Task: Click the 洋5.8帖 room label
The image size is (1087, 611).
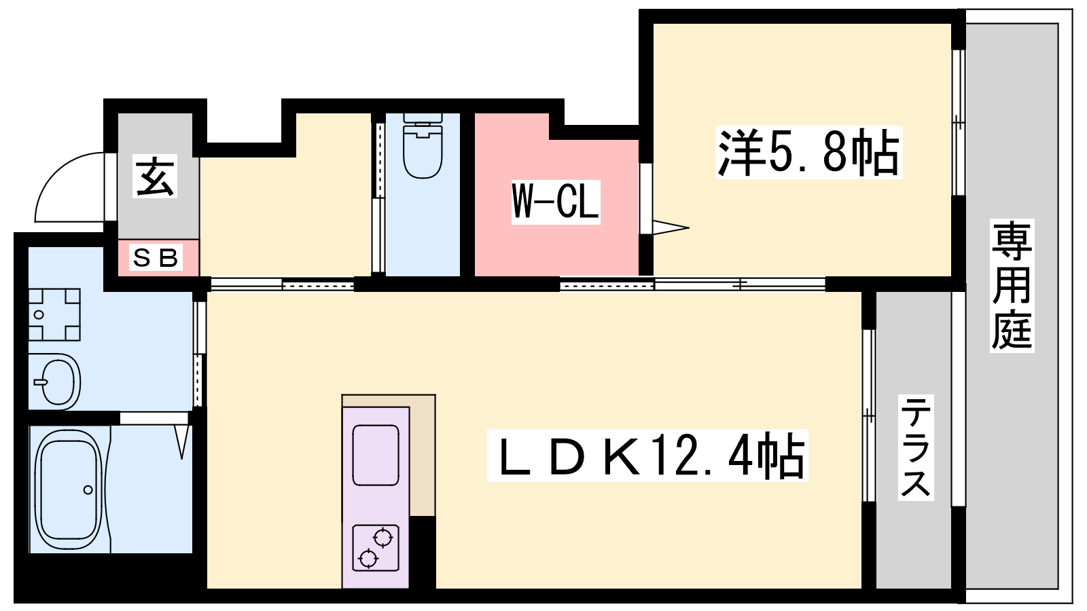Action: [x=808, y=152]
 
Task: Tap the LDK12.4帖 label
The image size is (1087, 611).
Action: [x=647, y=456]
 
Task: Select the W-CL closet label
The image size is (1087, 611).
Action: [x=556, y=202]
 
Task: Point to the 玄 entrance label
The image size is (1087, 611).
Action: [x=155, y=176]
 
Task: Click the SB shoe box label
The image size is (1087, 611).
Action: [x=156, y=257]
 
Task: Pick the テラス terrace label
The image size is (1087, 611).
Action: [x=916, y=447]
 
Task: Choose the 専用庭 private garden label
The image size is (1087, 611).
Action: [x=1012, y=285]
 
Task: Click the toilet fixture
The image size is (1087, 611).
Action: [x=423, y=146]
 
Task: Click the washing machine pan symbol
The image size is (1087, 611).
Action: [x=54, y=315]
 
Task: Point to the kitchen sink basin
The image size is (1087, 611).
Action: [x=376, y=455]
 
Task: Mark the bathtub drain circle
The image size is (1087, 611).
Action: [x=88, y=489]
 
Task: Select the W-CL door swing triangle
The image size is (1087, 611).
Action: [x=671, y=227]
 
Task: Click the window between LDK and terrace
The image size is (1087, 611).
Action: [x=869, y=415]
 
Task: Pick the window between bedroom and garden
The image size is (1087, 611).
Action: [x=959, y=122]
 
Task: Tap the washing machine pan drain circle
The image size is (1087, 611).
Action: [x=39, y=315]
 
